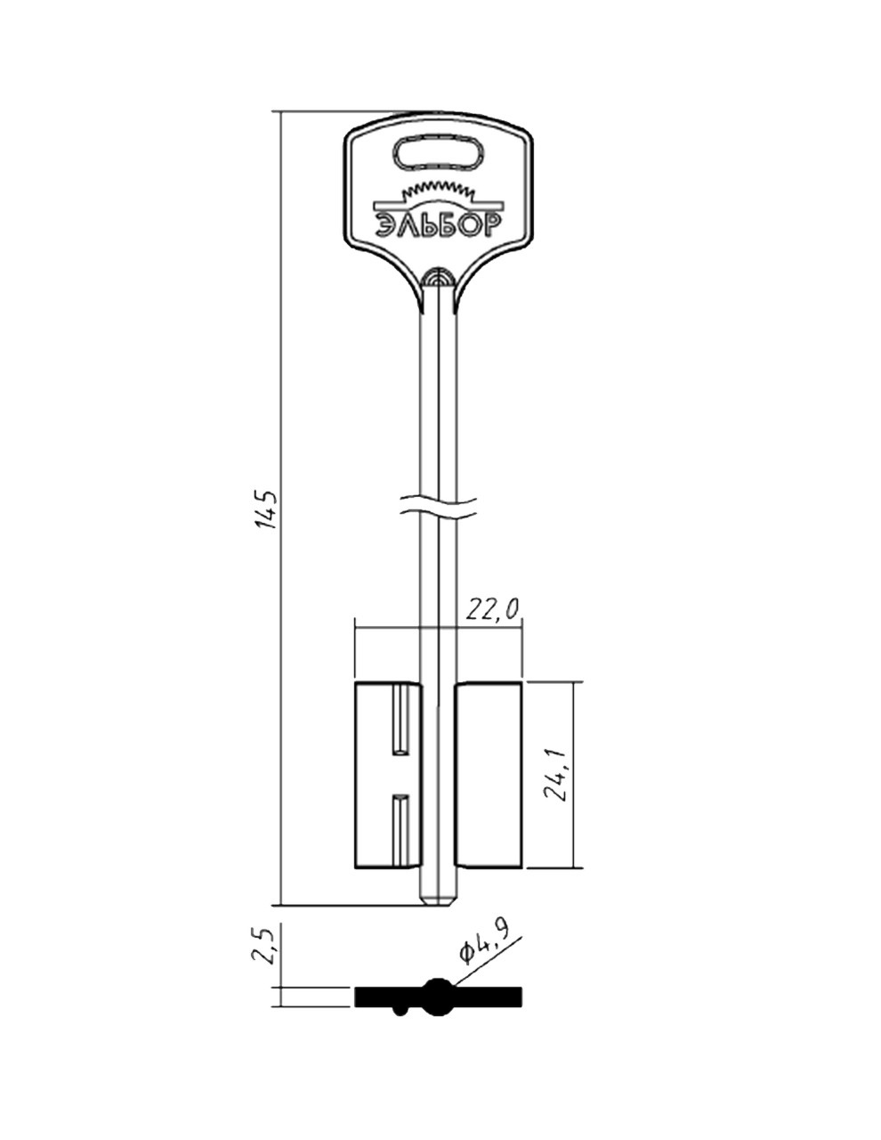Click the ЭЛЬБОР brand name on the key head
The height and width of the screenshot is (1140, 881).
pos(438,225)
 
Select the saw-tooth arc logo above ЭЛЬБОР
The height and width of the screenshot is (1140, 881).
pos(438,195)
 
